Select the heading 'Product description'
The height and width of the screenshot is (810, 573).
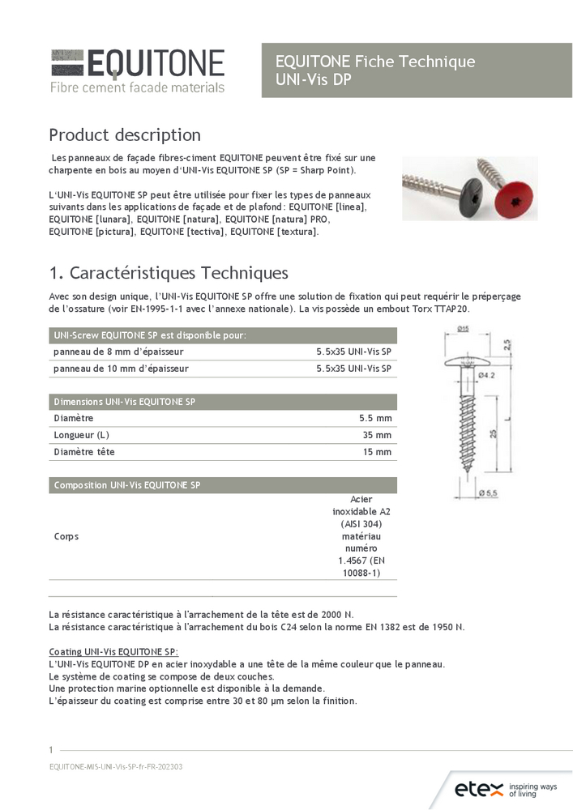[x=125, y=134]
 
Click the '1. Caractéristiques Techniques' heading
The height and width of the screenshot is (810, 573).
[x=168, y=272]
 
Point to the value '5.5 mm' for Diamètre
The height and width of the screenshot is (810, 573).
[x=375, y=418]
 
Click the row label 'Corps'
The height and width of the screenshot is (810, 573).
[x=66, y=536]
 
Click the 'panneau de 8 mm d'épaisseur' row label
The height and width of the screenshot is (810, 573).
[x=118, y=352]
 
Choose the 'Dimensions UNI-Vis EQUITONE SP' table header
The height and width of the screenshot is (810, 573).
[x=124, y=402]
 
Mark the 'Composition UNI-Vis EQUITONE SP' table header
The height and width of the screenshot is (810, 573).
[x=126, y=485]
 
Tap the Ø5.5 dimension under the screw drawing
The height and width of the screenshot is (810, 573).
[x=488, y=492]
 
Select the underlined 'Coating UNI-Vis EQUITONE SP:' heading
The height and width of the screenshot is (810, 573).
[x=113, y=652]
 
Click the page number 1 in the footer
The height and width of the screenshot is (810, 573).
[x=51, y=749]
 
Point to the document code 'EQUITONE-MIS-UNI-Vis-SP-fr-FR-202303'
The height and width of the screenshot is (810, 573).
[x=116, y=766]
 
